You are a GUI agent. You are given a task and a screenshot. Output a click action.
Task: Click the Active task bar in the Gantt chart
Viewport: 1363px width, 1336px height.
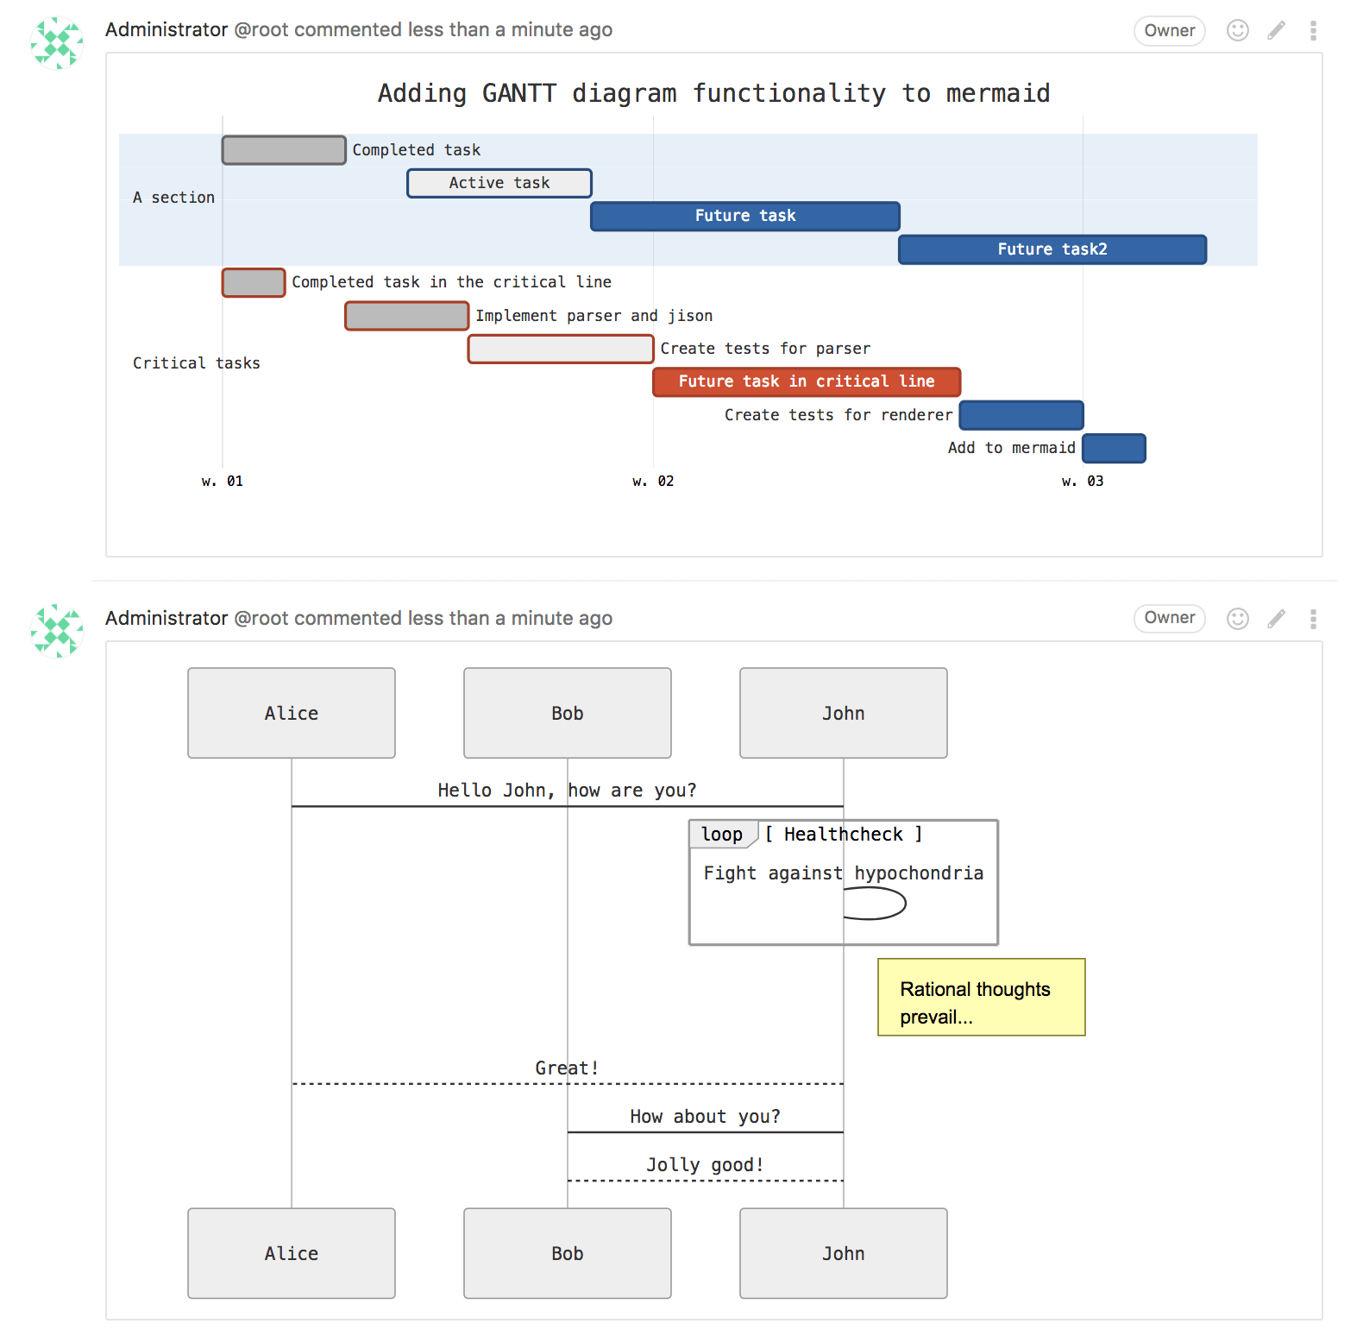pyautogui.click(x=499, y=183)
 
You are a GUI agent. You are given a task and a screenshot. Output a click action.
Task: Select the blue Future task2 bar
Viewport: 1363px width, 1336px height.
pyautogui.click(x=1052, y=249)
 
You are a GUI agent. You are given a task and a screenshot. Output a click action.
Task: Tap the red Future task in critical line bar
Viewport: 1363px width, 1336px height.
pyautogui.click(x=806, y=381)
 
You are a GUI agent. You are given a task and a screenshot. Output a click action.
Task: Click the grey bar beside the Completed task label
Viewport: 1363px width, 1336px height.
pyautogui.click(x=284, y=150)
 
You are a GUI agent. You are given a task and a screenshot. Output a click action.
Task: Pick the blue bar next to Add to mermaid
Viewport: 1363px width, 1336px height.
pyautogui.click(x=1114, y=449)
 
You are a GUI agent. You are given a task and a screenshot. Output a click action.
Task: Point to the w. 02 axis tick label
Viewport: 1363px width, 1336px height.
pyautogui.click(x=653, y=482)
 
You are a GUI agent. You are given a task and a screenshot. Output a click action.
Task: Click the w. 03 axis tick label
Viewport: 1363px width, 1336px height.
pyautogui.click(x=1083, y=482)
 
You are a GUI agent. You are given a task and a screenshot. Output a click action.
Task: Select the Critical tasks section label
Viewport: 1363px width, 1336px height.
pyautogui.click(x=196, y=363)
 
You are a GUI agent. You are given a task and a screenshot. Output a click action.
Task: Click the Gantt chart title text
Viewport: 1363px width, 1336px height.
pyautogui.click(x=713, y=93)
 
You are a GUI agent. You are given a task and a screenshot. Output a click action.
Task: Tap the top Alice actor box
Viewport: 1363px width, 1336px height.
pyautogui.click(x=292, y=713)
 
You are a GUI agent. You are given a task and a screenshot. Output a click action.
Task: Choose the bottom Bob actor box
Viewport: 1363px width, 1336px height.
pyautogui.click(x=567, y=1253)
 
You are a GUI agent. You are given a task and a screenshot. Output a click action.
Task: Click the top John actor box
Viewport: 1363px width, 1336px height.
pyautogui.click(x=843, y=713)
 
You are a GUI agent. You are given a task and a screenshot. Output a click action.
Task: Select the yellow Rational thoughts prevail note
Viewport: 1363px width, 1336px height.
pyautogui.click(x=981, y=997)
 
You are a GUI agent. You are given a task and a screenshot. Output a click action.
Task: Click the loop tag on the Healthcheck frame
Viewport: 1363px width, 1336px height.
pyautogui.click(x=722, y=835)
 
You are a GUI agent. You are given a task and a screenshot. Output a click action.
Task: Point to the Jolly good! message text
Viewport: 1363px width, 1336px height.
pyautogui.click(x=705, y=1165)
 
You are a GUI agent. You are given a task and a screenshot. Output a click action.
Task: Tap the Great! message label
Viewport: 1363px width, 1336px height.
pyautogui.click(x=567, y=1068)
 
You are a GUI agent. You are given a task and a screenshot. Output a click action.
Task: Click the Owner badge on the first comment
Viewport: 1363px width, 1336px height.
pyautogui.click(x=1169, y=31)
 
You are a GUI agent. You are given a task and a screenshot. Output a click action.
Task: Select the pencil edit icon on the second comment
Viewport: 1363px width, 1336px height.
pyautogui.click(x=1276, y=619)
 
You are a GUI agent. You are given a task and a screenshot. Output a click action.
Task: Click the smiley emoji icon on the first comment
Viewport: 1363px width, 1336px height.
pyautogui.click(x=1237, y=31)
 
